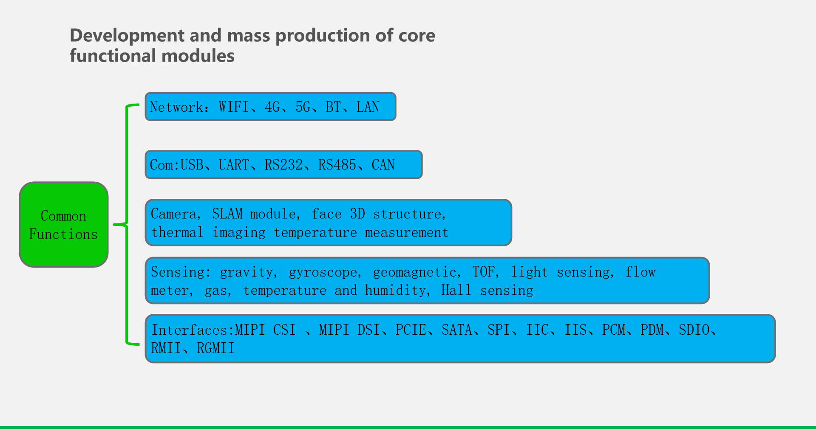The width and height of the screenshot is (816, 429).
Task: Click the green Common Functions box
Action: click(64, 225)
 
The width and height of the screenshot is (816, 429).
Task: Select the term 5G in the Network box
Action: click(303, 107)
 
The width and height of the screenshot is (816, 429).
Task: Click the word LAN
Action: click(368, 107)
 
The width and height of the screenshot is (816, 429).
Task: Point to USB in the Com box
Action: click(192, 165)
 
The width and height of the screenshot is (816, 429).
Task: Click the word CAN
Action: click(383, 165)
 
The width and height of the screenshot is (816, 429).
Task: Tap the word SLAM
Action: click(227, 214)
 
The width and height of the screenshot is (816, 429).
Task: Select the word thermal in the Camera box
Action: click(177, 232)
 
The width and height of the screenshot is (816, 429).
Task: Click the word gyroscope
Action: click(323, 272)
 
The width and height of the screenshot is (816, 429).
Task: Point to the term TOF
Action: click(484, 272)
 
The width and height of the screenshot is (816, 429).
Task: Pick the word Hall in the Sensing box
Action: click(456, 290)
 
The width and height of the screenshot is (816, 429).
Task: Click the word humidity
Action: click(395, 290)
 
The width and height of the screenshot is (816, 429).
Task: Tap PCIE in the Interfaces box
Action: click(411, 330)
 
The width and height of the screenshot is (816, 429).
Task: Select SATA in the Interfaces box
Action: click(457, 330)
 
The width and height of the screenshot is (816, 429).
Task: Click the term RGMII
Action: click(215, 348)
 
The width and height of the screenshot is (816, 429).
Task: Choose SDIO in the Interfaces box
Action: click(694, 330)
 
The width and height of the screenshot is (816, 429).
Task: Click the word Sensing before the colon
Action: click(178, 272)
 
